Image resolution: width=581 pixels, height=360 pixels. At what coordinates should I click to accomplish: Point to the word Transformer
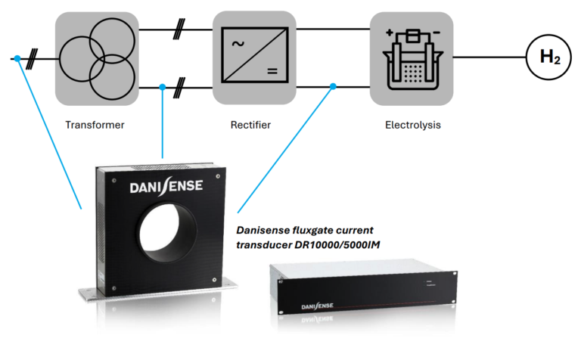(x=95, y=124)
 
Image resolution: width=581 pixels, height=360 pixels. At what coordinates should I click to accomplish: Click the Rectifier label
(x=250, y=124)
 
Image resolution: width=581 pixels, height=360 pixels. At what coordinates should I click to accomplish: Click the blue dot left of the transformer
(x=17, y=58)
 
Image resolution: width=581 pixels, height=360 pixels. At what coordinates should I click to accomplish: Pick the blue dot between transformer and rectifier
(x=163, y=88)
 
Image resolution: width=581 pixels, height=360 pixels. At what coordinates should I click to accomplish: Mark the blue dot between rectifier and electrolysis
(x=333, y=88)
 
